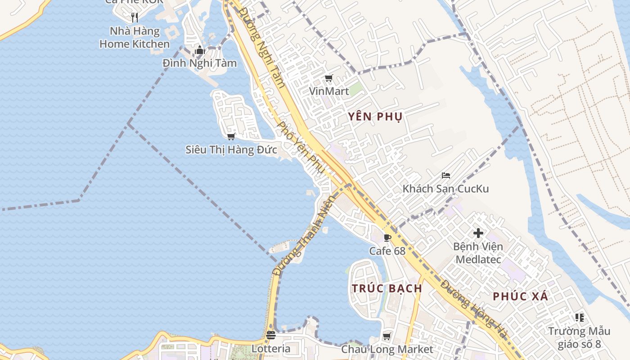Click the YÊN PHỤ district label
pos(375,117)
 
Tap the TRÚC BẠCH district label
pos(387,288)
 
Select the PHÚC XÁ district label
pos(521,297)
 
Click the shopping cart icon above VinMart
pos(329,79)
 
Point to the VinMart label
pos(329,91)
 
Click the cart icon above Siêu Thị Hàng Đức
pos(231,136)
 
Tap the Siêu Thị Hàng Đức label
pos(231,149)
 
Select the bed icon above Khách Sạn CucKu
pos(446,175)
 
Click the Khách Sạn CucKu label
pos(445,189)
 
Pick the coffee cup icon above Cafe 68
pos(387,238)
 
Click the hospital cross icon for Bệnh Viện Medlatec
pos(478,233)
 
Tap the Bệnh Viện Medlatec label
pos(478,253)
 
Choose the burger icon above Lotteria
pos(271,335)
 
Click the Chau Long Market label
pos(387,349)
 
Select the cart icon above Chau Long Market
pos(387,336)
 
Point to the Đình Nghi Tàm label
pos(200,63)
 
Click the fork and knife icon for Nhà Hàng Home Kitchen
pos(135,18)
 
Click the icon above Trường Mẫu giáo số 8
pos(580,318)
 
